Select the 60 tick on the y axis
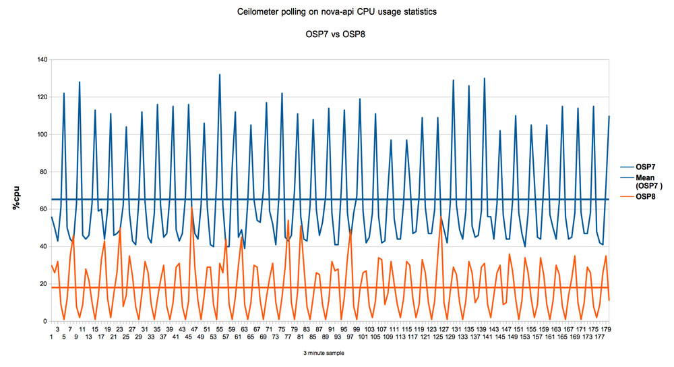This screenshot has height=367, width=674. point(43,210)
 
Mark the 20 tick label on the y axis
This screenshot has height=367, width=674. point(43,284)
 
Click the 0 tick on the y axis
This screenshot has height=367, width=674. point(45,322)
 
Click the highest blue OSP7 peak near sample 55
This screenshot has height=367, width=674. point(220,75)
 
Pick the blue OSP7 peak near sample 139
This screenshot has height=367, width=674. point(484,78)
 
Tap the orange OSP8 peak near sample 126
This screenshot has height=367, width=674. point(441,217)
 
